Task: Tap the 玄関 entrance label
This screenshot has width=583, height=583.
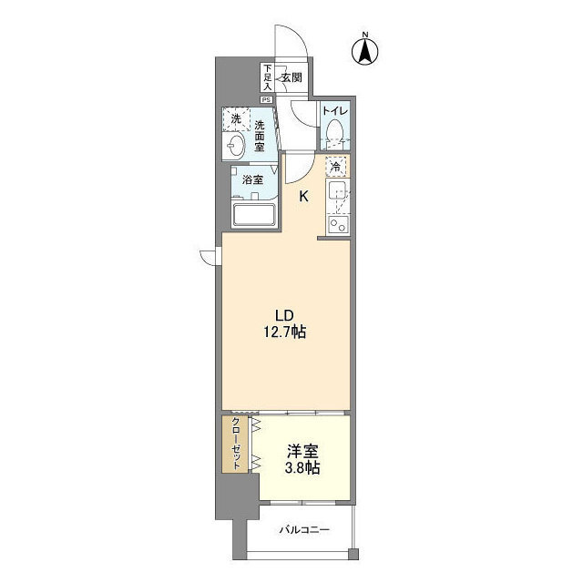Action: point(291,78)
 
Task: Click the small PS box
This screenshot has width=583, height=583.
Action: point(267,99)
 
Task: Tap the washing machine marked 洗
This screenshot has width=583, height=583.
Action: point(236,119)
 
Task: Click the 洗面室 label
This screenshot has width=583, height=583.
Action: point(260,137)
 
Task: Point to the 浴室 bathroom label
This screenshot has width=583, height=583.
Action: point(252,180)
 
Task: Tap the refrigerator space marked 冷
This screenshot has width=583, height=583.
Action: point(336,167)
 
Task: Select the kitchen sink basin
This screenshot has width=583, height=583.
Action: point(337,193)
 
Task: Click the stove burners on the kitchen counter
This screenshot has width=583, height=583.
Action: point(337,223)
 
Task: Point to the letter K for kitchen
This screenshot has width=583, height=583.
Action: point(303,195)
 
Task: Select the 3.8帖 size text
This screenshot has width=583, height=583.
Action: point(300,469)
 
